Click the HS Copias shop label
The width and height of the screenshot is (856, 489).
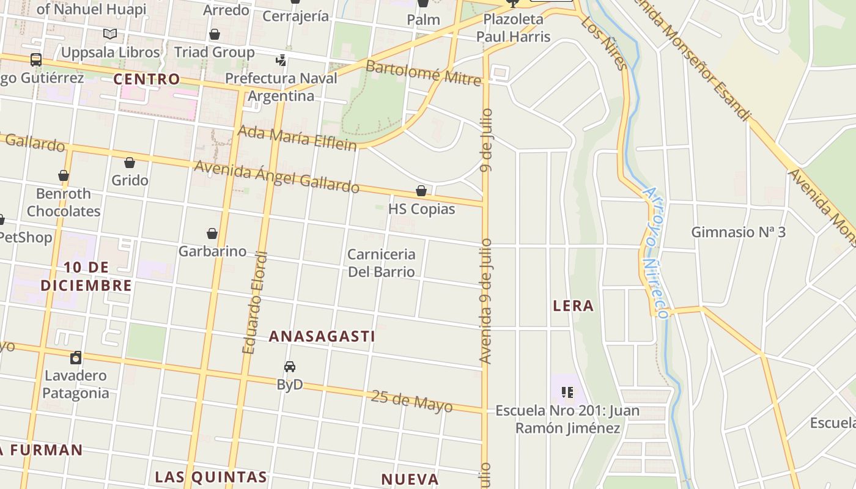tap(421, 209)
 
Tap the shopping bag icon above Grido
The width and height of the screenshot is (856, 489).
tap(130, 163)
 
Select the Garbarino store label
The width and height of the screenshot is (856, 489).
tap(212, 251)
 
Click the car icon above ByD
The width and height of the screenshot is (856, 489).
tap(290, 367)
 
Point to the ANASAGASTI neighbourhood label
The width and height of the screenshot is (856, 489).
tap(322, 336)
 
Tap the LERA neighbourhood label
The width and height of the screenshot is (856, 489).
tap(573, 306)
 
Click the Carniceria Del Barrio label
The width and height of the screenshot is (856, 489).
tap(382, 263)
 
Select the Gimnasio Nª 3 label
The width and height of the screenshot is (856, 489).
tap(738, 232)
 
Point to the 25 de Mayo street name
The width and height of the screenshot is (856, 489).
tap(411, 401)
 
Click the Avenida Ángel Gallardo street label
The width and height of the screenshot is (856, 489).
tap(276, 176)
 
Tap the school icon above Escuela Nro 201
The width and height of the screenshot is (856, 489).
tap(567, 392)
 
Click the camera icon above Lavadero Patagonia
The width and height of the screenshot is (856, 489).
tap(76, 358)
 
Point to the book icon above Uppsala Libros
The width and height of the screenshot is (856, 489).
tap(110, 34)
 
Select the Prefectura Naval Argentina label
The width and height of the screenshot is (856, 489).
tap(281, 87)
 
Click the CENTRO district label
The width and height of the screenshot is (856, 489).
tap(147, 79)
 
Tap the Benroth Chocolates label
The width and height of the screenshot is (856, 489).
tap(64, 202)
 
